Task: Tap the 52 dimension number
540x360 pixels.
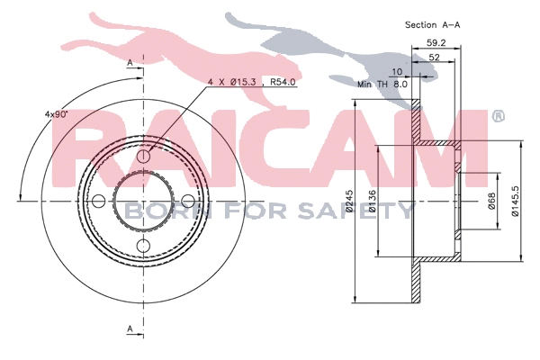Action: click(434, 57)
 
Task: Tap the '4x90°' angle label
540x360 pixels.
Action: click(57, 114)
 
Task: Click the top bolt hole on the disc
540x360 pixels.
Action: click(144, 157)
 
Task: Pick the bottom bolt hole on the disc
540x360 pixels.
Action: click(144, 244)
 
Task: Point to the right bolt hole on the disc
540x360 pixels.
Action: click(187, 201)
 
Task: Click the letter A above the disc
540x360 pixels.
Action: click(130, 61)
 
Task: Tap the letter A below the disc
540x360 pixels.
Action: click(130, 329)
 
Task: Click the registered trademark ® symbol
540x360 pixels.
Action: click(498, 117)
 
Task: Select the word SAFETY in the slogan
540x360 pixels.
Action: click(364, 211)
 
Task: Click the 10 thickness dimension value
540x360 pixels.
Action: click(397, 70)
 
